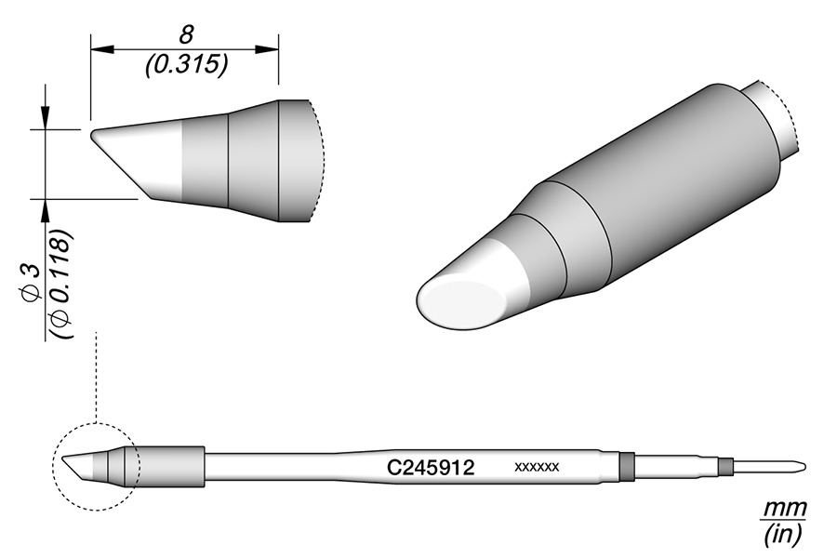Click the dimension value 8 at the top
click(x=186, y=36)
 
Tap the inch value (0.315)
click(x=186, y=65)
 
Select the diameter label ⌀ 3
click(x=32, y=282)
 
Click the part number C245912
click(x=431, y=469)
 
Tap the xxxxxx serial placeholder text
click(x=537, y=468)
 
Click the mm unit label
click(x=784, y=509)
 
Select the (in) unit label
click(x=782, y=534)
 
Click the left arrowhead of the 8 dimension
click(x=102, y=49)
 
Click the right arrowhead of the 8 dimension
click(x=266, y=49)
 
